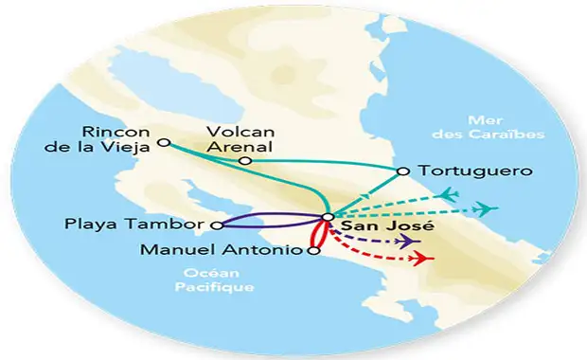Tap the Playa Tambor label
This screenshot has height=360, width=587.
tap(135, 225)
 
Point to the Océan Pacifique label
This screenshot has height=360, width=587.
tap(214, 279)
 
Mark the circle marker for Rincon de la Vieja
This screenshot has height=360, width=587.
tap(164, 143)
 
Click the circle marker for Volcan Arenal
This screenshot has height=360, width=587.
tap(244, 162)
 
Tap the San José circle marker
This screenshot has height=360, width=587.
tap(327, 218)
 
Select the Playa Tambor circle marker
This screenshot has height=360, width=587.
tap(217, 225)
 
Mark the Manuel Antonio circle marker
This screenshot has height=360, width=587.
tap(312, 252)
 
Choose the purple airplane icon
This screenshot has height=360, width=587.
tap(411, 242)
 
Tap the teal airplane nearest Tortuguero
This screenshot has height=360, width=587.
tap(450, 194)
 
